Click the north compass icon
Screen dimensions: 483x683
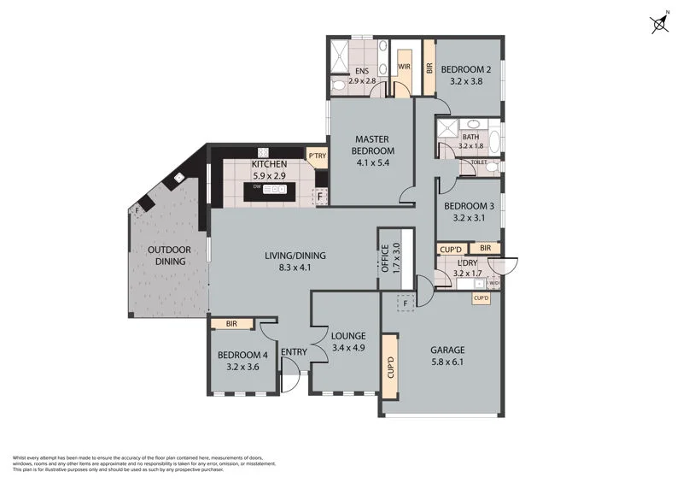pos(660,23)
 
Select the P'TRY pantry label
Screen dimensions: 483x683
pos(317,156)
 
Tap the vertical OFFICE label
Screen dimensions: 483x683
pos(385,257)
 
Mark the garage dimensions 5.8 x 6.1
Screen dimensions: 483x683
pos(447,362)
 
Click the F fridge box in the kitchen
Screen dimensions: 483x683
pos(320,197)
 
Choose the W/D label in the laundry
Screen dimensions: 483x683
pos(493,283)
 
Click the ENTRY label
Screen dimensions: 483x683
pos(293,351)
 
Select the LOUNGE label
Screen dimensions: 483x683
pos(348,336)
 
